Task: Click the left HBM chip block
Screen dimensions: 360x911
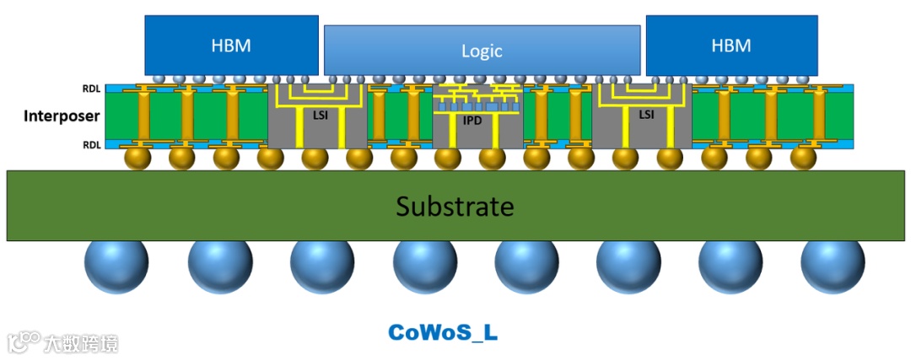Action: (231, 46)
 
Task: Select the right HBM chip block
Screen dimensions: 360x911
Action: (731, 46)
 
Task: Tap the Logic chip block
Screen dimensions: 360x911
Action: (482, 51)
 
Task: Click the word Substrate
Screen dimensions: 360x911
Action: (455, 207)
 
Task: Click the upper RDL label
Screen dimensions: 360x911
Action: (91, 88)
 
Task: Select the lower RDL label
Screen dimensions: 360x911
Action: (91, 144)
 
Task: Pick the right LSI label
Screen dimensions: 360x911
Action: (645, 114)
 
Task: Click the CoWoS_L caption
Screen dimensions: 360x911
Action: (443, 332)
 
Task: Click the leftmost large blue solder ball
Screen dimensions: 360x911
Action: (116, 266)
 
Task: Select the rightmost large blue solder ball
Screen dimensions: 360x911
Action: (833, 266)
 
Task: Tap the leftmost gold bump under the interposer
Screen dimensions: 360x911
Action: (137, 159)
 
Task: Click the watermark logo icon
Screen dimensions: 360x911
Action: (24, 342)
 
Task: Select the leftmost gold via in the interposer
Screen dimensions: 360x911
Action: (145, 116)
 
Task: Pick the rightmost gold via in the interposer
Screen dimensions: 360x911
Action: (816, 116)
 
